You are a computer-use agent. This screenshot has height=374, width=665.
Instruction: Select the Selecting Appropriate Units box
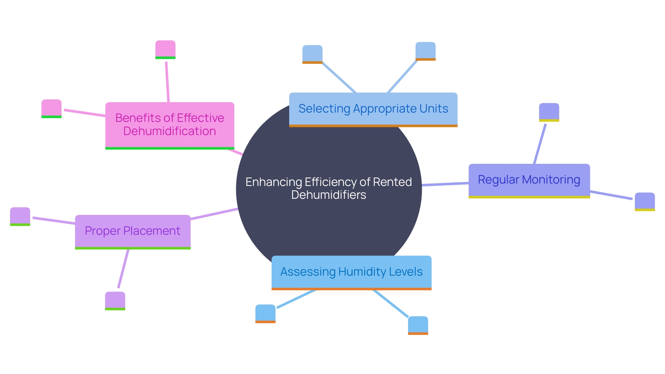373,109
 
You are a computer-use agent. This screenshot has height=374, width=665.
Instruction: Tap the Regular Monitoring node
529,180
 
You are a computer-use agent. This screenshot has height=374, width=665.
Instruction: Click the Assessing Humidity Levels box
351,272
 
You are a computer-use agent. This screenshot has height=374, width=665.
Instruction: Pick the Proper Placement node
133,231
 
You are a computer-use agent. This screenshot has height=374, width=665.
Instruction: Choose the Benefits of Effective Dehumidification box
170,125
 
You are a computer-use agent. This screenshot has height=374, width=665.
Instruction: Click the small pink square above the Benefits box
165,49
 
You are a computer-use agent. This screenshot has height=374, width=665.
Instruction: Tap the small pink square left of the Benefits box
51,108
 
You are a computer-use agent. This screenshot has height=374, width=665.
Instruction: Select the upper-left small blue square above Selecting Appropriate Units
312,54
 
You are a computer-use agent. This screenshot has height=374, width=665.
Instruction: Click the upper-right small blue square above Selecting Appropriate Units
425,51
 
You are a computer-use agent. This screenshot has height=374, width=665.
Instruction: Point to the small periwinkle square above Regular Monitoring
549,112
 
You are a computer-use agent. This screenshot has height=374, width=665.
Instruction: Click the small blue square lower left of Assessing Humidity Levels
265,313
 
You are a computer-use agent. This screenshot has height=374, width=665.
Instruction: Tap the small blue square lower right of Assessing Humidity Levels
418,325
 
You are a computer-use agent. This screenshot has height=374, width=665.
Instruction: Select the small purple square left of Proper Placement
20,216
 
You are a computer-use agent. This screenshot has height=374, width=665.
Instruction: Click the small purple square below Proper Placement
115,301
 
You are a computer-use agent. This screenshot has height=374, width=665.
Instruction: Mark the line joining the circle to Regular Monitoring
445,184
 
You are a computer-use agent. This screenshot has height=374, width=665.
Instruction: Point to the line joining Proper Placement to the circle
214,214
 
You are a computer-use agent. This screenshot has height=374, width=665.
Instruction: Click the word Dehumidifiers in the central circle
328,195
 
